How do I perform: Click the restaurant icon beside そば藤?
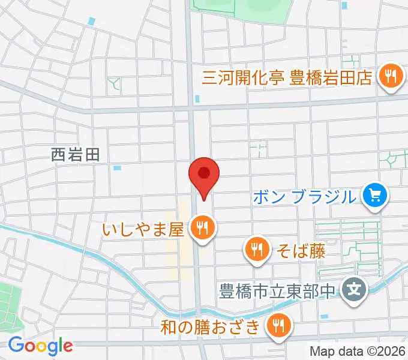tap(257, 250)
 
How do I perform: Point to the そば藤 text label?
tap(301, 250)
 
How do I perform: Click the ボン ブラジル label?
tap(305, 196)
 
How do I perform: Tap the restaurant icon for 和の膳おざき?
tap(278, 326)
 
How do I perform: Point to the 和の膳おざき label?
tap(212, 327)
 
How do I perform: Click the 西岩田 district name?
tap(76, 155)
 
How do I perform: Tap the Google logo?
tap(40, 346)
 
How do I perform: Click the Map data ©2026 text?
tap(357, 352)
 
